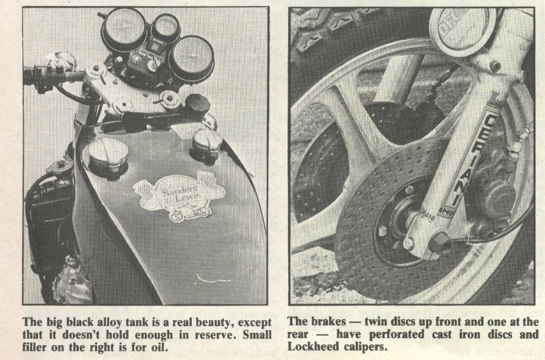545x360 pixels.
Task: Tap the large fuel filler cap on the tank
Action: click(x=108, y=157)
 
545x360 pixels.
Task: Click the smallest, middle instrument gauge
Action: click(x=166, y=27)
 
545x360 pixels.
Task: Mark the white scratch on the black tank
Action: click(x=212, y=278)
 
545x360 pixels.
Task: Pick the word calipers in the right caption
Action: click(x=366, y=348)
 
